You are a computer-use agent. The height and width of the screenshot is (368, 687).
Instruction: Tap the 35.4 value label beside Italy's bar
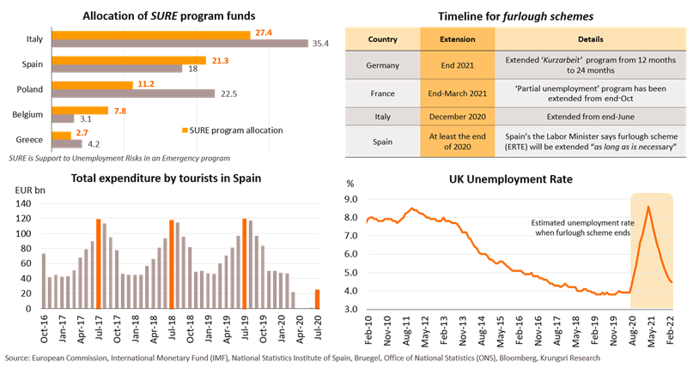(321, 44)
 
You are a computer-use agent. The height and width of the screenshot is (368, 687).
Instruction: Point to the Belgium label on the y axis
(33, 113)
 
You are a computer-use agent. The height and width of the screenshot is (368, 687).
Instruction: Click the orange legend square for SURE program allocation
(185, 130)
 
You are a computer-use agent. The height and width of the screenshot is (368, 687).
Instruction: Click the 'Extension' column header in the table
(457, 39)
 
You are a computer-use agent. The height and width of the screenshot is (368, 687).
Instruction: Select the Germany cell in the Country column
(382, 63)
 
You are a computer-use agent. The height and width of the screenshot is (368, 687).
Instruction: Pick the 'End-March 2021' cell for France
(457, 91)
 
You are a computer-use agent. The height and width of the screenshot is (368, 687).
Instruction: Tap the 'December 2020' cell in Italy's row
(457, 118)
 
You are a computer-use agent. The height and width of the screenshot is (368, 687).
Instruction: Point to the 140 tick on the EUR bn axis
(29, 203)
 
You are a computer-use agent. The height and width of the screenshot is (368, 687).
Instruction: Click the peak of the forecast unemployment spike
(648, 207)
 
